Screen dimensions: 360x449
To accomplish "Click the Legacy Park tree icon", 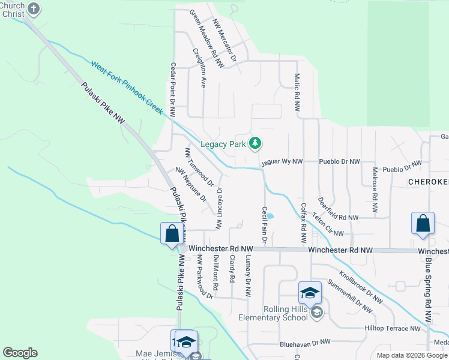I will click(256, 143).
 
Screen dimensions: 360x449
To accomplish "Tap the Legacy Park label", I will click(223, 144).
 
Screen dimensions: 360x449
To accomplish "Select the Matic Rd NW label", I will click(296, 93).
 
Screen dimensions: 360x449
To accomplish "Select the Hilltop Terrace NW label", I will click(393, 329).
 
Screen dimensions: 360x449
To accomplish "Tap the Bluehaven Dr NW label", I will click(305, 341).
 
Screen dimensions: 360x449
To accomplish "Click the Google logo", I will click(20, 353).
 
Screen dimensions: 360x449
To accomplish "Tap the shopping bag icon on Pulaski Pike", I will click(172, 233).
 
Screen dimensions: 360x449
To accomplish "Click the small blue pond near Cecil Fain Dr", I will click(270, 217).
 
